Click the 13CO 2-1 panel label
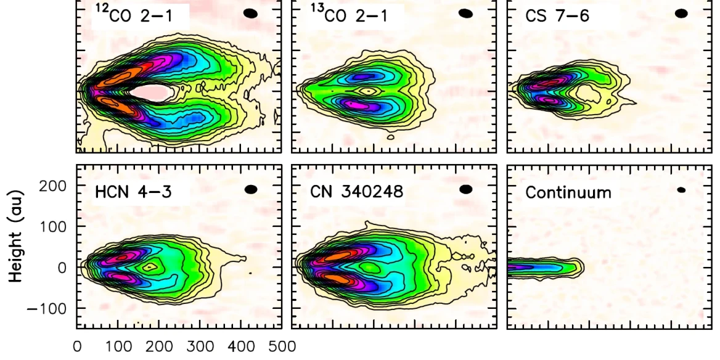[349, 15]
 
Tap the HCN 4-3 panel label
[132, 192]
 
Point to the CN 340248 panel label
[356, 192]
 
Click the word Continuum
[568, 192]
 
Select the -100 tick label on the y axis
[50, 308]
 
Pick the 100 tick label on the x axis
[118, 346]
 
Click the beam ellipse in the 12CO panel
[251, 14]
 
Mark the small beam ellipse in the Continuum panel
[681, 190]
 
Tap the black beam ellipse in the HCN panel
[251, 189]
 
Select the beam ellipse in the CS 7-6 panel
[681, 14]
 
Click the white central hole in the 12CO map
[151, 92]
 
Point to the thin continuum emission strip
[542, 267]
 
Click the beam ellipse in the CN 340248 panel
[466, 189]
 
